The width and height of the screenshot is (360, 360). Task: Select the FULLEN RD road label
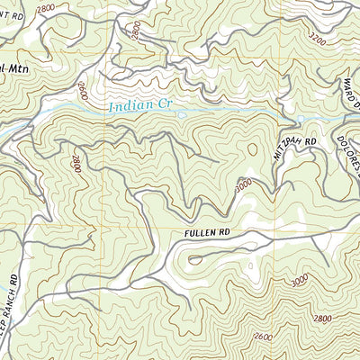point(206,232)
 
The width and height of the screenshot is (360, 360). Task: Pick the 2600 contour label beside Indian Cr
point(82,91)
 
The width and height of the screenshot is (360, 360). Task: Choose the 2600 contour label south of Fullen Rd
point(264,337)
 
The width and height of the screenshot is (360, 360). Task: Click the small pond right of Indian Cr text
point(182,114)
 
